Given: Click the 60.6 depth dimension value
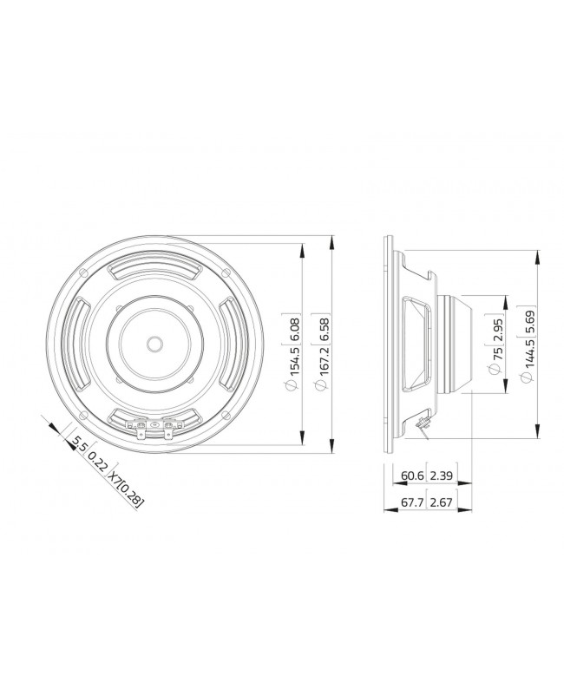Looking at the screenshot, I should click(413, 476).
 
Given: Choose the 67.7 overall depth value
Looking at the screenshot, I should click(413, 502).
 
